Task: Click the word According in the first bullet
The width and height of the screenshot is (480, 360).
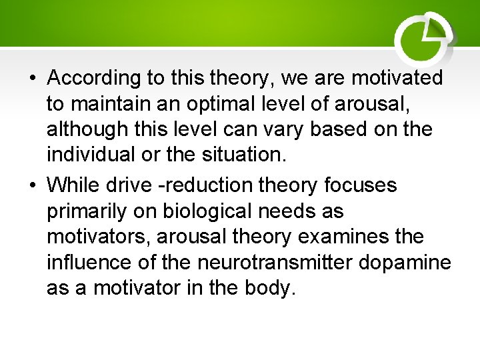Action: pyautogui.click(x=94, y=78)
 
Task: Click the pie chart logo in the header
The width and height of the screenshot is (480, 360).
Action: pyautogui.click(x=424, y=37)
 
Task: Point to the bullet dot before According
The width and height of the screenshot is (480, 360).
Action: pyautogui.click(x=33, y=79)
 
